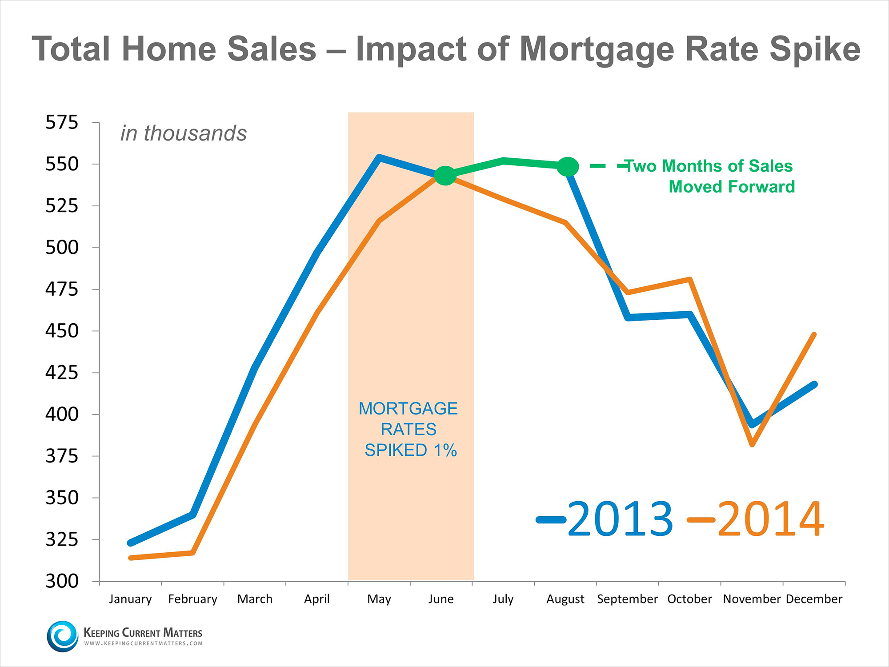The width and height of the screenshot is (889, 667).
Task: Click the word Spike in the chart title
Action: click(815, 49)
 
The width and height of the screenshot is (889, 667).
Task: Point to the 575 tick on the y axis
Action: click(61, 122)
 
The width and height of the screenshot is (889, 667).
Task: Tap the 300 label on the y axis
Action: click(61, 581)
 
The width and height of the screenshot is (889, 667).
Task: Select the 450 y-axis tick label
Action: click(61, 331)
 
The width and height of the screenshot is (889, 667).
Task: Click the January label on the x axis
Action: click(130, 599)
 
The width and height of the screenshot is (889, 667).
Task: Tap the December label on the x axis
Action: click(814, 599)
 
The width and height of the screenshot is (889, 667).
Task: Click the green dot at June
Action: click(445, 176)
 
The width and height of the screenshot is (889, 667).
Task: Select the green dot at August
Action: click(568, 167)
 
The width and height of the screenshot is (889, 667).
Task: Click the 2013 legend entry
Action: click(605, 519)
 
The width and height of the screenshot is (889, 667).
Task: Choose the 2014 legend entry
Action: click(756, 519)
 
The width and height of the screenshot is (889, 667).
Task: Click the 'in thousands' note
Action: click(184, 133)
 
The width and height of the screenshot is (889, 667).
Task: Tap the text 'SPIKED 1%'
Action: click(411, 450)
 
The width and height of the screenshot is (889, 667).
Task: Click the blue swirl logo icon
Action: click(63, 636)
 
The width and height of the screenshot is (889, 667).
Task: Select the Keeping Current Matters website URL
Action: click(143, 643)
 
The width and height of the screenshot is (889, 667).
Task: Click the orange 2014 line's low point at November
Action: click(752, 444)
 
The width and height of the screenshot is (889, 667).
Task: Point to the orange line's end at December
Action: click(814, 334)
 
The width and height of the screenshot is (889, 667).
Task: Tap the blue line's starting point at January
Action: click(130, 543)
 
